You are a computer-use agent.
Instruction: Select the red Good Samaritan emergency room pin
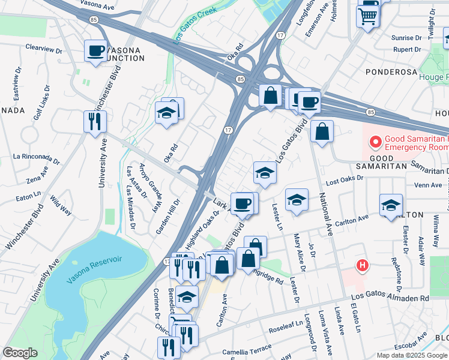376,142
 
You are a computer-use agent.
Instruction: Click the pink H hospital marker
362,265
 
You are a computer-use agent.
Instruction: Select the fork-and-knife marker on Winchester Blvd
95,121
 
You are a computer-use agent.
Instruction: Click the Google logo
20,353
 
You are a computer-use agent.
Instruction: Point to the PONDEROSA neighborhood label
392,71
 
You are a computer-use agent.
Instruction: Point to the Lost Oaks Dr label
345,179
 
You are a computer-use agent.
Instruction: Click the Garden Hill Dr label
168,216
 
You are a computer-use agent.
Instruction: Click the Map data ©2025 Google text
412,355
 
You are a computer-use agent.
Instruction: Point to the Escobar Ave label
411,346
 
